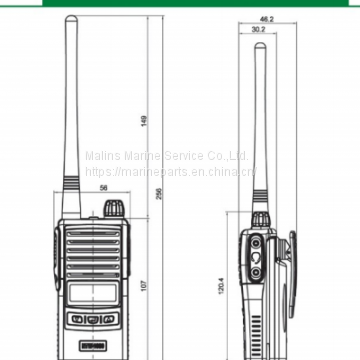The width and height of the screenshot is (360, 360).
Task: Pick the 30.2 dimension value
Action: [x=258, y=29]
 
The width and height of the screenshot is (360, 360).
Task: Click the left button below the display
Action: [x=77, y=320]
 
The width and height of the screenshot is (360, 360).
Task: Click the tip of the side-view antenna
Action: [x=258, y=44]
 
